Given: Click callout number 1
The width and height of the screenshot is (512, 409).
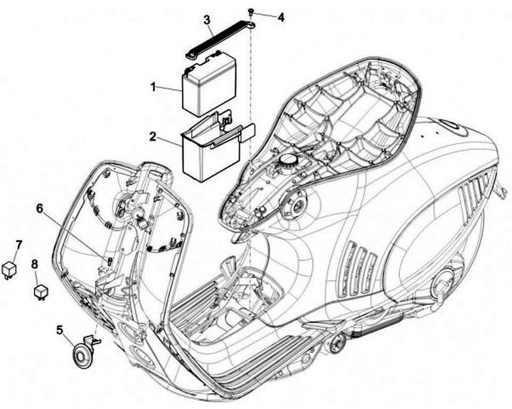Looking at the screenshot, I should (x=152, y=86).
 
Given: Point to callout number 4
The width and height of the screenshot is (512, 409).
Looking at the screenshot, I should (x=280, y=16).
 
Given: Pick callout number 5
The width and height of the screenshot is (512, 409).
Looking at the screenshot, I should (x=60, y=329).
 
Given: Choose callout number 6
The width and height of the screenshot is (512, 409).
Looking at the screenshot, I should (x=40, y=207).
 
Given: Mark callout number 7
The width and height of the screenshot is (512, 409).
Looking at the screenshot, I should (x=19, y=245).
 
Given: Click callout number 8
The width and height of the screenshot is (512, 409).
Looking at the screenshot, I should (x=33, y=265).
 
